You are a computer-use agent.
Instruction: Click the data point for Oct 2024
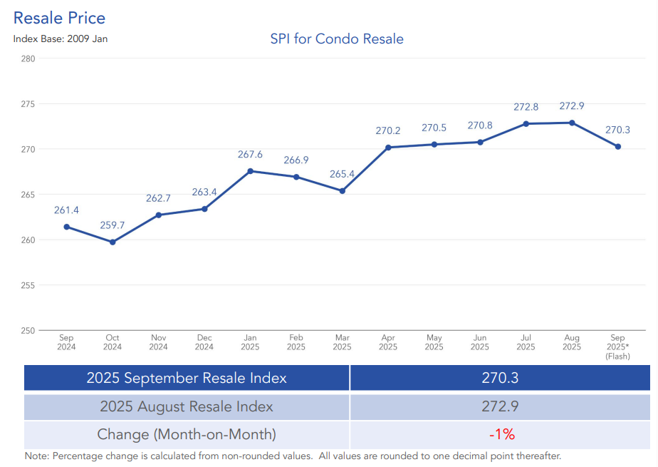coord(113,242)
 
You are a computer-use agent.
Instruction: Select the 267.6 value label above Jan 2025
coord(250,155)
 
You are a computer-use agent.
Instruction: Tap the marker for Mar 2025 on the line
coord(343,191)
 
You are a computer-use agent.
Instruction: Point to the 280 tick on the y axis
coord(28,58)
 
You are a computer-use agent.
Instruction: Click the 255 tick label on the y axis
coord(28,285)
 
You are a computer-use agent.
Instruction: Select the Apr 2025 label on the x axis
coord(388,342)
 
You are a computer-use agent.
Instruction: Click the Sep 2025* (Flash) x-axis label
coord(618,347)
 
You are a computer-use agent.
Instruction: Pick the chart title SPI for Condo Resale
coord(337,39)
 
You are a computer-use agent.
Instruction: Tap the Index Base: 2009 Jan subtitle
coord(61,39)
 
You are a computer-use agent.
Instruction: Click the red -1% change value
coord(501,434)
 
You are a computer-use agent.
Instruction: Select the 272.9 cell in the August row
coord(501,406)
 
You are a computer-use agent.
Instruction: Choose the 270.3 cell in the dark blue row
coord(501,378)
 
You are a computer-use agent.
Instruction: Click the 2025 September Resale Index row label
coord(187,378)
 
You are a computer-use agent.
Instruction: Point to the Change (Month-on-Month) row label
coord(187,434)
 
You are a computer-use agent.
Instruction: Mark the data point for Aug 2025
coord(572,123)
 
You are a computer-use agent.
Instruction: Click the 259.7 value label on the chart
coord(113,225)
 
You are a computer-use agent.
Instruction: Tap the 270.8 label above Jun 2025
coord(480,125)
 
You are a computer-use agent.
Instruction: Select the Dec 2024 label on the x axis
coord(204,342)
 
